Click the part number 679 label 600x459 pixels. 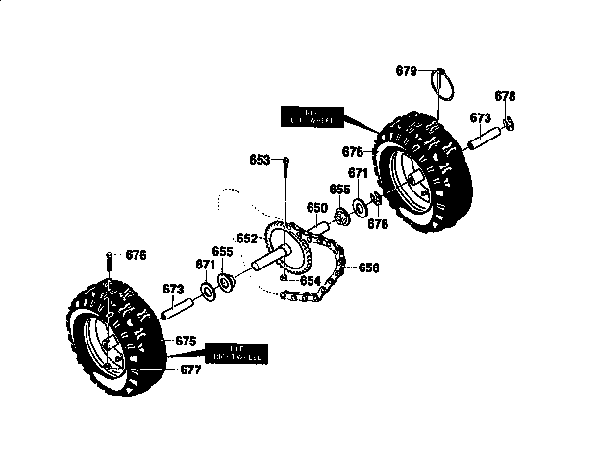pos(407,70)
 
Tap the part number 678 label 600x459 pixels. pos(506,96)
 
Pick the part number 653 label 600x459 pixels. pos(260,160)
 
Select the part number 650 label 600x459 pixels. pos(316,207)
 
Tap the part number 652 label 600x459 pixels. pos(247,238)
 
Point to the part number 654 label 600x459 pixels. pos(309,280)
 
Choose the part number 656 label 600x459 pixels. pos(369,268)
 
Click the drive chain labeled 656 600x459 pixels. pos(327,279)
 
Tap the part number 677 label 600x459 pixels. pos(190,369)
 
